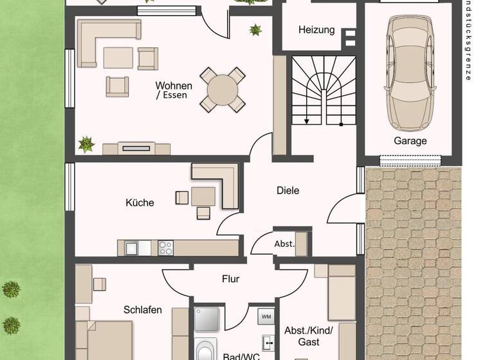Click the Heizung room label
pos(316,30)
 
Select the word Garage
pos(410,141)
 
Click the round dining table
pos(222,90)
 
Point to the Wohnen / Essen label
pos(173,90)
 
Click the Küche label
pos(140,203)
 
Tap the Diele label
pos(288,190)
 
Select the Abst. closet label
pos(284,244)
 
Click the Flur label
pos(230,279)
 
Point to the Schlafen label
pos(143,310)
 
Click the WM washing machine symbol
pos(266,316)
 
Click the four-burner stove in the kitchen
pos(165,248)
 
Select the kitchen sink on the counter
pos(133,248)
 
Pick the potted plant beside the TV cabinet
pos(86,144)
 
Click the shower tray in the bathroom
pos(207,319)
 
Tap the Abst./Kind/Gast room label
pos(308,337)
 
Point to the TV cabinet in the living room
pos(136,148)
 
